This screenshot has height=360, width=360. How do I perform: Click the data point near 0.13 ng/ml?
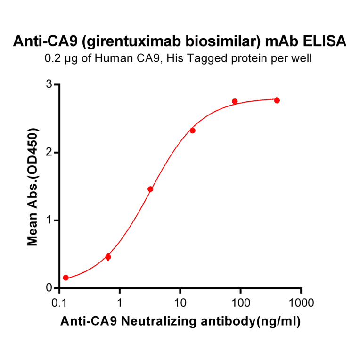point(66,278)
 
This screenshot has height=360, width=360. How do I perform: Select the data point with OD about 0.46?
point(108,257)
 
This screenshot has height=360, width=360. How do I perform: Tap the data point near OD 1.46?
point(150,189)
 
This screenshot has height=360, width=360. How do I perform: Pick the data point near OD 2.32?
point(192,131)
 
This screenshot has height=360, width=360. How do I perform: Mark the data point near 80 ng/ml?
point(235,102)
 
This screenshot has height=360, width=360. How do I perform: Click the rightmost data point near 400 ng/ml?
point(277,100)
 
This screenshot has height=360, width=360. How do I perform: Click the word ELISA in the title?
point(323,41)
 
